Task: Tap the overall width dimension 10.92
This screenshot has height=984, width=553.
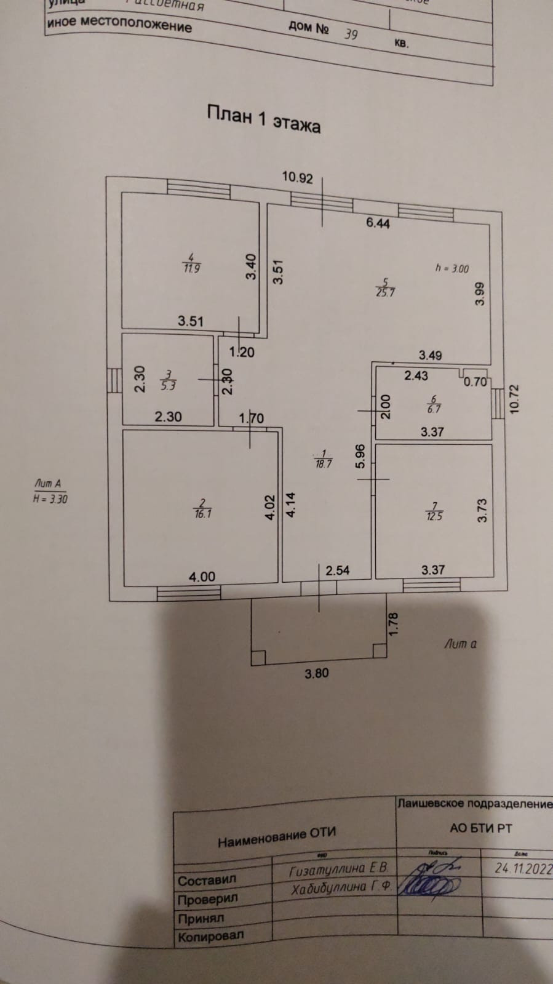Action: coord(297,178)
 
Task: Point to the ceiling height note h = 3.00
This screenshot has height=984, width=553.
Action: coord(452,268)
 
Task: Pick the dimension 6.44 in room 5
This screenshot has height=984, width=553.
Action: coord(378,223)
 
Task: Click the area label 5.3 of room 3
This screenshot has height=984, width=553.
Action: coord(168,386)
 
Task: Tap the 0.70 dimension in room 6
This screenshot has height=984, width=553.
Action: coord(474,382)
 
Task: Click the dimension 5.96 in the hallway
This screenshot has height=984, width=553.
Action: coord(360,455)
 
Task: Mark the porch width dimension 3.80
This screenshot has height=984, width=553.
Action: coord(317,673)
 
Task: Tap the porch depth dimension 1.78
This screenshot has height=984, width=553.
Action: coord(395,623)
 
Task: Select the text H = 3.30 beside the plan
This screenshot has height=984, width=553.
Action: coord(50,499)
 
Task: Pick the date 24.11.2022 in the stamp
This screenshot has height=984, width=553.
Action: coord(523,868)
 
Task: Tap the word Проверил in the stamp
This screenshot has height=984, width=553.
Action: coord(207,899)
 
